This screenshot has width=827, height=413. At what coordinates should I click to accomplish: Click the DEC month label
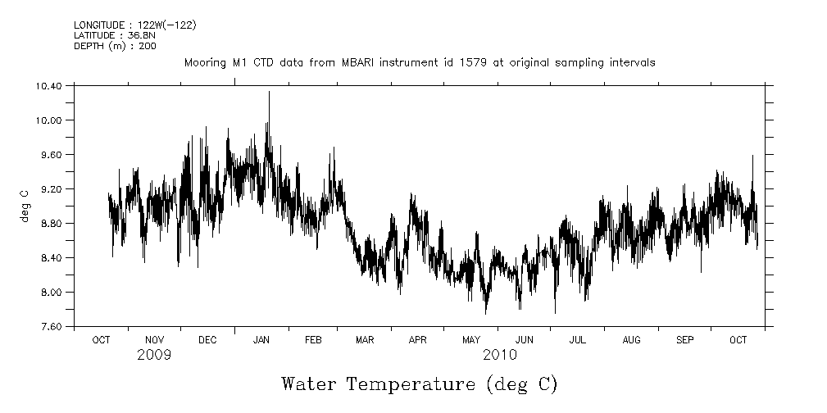(x=207, y=339)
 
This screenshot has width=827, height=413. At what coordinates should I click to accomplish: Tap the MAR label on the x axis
(x=365, y=339)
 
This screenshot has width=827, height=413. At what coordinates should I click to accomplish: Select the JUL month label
(x=578, y=339)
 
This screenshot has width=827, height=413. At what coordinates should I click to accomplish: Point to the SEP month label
(x=684, y=339)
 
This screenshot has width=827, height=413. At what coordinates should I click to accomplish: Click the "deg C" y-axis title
(x=25, y=205)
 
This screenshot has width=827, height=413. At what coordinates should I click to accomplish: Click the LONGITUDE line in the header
(x=135, y=25)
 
